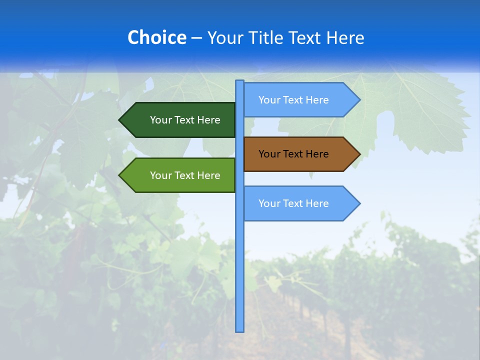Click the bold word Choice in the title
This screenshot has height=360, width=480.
156,37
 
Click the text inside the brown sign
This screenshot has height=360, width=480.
293,154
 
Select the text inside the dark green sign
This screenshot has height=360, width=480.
185,120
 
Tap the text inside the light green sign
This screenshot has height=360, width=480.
185,175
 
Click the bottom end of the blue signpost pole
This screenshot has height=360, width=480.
240,330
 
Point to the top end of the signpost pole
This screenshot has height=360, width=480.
240,81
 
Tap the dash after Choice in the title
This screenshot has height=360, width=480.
196,38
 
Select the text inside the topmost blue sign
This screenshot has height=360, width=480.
293,100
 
